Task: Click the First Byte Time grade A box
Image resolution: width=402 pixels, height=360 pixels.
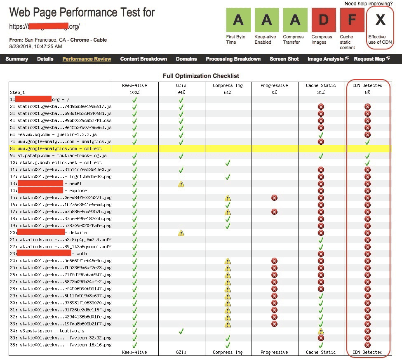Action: (x=238, y=20)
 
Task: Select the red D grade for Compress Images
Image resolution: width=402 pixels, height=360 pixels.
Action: (x=322, y=20)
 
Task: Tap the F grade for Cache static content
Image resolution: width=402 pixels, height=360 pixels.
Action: (x=352, y=20)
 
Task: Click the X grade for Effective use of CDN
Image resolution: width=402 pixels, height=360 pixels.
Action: (x=380, y=20)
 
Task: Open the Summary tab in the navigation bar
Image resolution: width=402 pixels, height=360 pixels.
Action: (x=17, y=59)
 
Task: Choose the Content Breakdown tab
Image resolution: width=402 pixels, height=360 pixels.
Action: (x=143, y=59)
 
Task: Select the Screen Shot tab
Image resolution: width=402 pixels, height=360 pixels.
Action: (x=284, y=59)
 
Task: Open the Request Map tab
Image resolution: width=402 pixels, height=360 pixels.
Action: (x=369, y=59)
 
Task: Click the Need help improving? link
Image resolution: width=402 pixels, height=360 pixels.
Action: (x=369, y=4)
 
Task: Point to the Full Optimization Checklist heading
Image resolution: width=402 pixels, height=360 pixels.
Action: (x=201, y=76)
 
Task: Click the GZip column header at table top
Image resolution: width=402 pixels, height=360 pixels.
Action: (x=181, y=85)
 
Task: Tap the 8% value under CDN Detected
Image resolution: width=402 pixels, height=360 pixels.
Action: (x=367, y=92)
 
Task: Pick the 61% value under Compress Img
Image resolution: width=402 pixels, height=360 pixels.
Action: (x=228, y=92)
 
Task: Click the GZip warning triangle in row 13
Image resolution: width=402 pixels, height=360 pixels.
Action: (x=181, y=184)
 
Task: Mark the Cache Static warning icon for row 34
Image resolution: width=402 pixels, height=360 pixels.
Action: (x=321, y=331)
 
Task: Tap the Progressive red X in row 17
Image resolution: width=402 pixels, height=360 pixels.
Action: (x=274, y=212)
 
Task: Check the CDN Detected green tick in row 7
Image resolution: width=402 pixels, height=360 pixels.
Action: (x=367, y=141)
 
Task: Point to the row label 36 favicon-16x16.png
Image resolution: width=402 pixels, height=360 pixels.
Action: (x=60, y=345)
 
